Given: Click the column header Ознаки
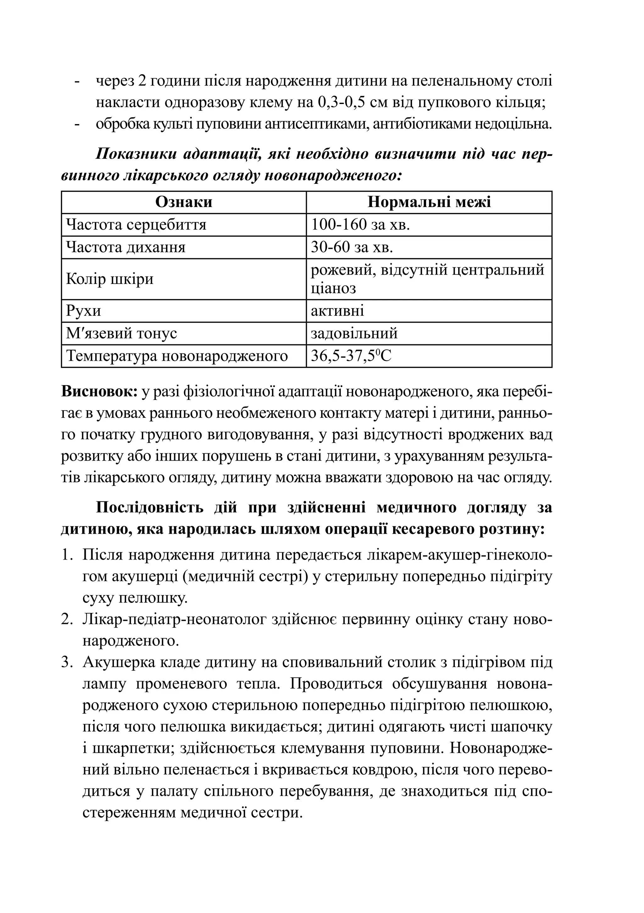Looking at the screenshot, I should (x=184, y=202).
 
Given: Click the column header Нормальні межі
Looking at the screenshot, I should (x=429, y=202).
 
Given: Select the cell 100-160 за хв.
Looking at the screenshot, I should (x=360, y=225).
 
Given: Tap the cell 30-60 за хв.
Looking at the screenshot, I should (x=352, y=247).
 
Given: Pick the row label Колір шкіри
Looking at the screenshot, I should (x=110, y=279).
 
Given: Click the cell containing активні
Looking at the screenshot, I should (x=337, y=310).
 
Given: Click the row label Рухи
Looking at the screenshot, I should (x=84, y=310).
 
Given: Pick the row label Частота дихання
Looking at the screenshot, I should (x=126, y=247).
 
